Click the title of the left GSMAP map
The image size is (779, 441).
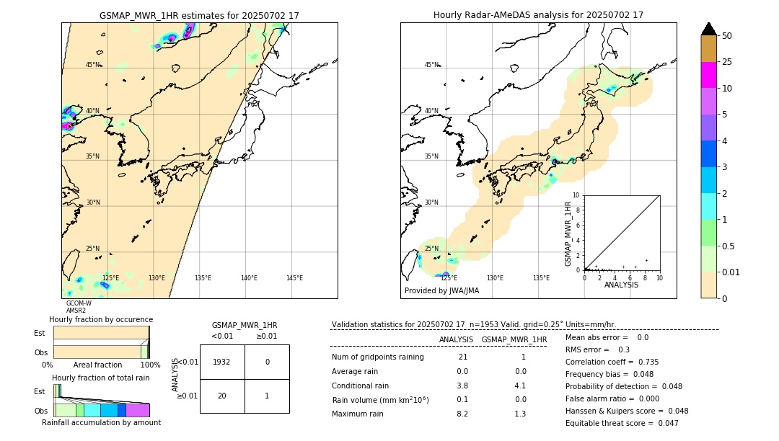coord(199,15)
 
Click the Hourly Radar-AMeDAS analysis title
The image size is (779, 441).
coord(538,15)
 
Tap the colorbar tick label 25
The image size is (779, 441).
coord(728,62)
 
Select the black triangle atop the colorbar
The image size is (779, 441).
coord(709,29)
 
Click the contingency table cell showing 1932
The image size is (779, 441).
coord(222,362)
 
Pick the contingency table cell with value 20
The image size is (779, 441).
coord(222,396)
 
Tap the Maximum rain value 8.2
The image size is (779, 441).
coord(462,414)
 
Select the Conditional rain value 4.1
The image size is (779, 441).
coord(520,386)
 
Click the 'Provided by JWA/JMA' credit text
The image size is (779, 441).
coord(441,291)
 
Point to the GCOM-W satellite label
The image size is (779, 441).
coord(79,303)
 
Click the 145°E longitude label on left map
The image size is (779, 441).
coord(294,278)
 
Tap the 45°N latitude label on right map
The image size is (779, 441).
coord(431,65)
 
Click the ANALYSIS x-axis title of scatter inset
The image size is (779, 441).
coord(622,285)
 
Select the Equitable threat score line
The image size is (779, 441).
coord(622,424)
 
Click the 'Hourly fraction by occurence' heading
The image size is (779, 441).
coord(101,319)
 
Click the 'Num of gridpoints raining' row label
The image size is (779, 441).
coord(378,357)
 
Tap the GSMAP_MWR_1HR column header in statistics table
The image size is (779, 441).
coord(514,339)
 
